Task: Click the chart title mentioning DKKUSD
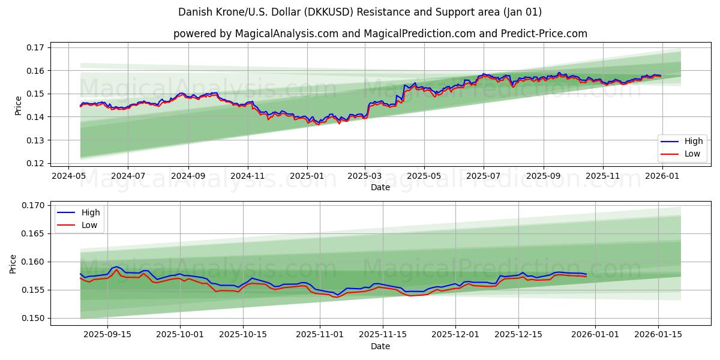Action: pos(360,12)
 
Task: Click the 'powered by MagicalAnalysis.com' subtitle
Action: pos(380,34)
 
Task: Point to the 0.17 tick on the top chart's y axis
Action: pos(36,47)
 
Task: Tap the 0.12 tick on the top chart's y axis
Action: pos(36,163)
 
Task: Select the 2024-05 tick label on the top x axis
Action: pos(68,176)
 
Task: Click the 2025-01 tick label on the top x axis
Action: pos(307,176)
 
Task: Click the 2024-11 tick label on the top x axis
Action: pos(247,176)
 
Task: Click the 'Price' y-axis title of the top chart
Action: pos(18,106)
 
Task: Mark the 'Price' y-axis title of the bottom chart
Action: pos(13,264)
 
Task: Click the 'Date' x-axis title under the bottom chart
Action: pos(380,346)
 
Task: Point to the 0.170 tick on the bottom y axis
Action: pos(34,205)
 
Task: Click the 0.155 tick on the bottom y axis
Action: pos(34,290)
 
